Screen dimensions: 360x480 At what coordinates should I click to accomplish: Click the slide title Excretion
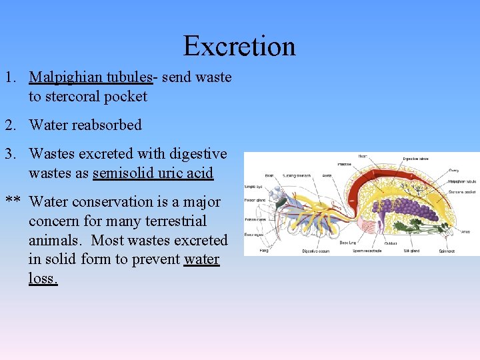pyautogui.click(x=239, y=46)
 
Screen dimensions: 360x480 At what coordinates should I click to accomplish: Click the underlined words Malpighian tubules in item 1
pyautogui.click(x=91, y=77)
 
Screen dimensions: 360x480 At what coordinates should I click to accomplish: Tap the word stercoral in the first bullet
pyautogui.click(x=73, y=97)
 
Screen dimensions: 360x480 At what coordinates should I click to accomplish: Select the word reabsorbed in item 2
pyautogui.click(x=111, y=125)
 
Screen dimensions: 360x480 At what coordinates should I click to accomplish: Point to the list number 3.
pyautogui.click(x=10, y=154)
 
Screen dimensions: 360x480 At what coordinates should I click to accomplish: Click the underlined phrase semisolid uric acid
pyautogui.click(x=153, y=173)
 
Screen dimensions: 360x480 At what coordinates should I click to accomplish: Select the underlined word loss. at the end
pyautogui.click(x=43, y=279)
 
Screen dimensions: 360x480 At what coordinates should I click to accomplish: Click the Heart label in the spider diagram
pyautogui.click(x=363, y=157)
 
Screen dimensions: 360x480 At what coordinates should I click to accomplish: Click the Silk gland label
pyautogui.click(x=411, y=251)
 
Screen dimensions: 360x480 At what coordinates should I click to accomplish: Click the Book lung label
pyautogui.click(x=347, y=243)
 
